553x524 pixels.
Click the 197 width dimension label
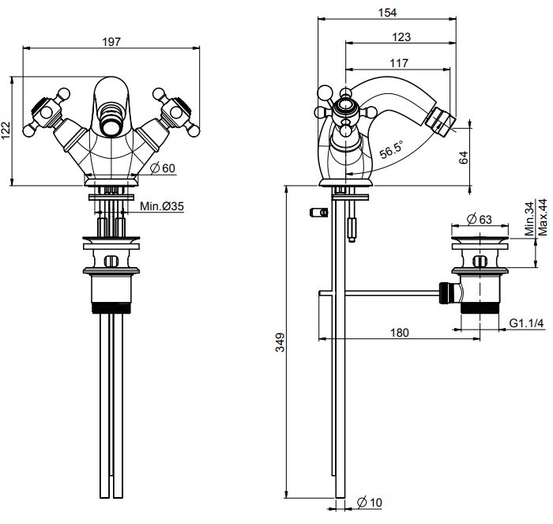(112, 42)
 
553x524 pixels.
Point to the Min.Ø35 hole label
(162, 207)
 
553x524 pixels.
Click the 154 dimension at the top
(387, 12)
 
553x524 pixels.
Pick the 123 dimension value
(401, 37)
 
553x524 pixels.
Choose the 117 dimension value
(400, 62)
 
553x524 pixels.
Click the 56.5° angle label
(390, 148)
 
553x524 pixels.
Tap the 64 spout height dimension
(464, 156)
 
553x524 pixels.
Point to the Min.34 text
(529, 218)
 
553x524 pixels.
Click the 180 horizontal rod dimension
(400, 333)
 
